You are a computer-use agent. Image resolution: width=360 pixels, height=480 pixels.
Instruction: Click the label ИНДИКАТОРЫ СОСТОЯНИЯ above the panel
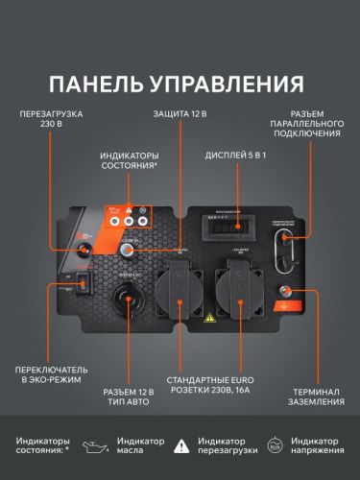131,159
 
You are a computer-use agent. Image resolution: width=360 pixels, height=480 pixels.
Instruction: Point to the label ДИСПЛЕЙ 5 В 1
236,156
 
